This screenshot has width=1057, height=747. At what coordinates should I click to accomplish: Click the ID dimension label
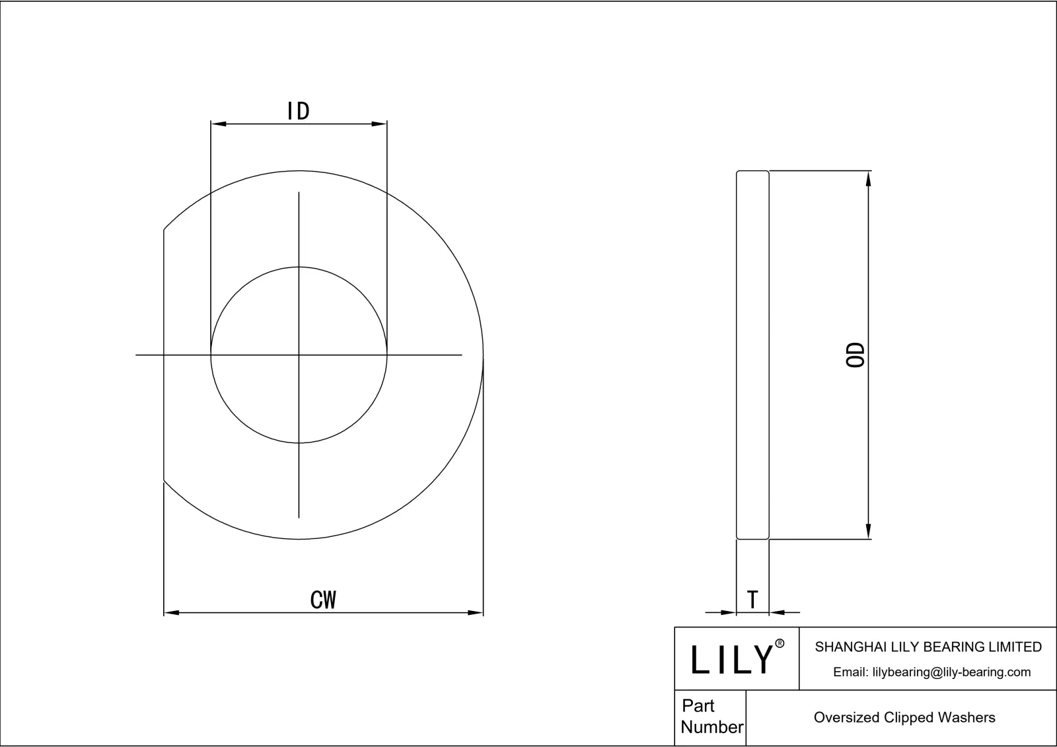[299, 111]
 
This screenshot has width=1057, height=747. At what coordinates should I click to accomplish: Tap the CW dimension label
[324, 600]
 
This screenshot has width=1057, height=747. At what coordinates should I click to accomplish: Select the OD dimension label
[856, 355]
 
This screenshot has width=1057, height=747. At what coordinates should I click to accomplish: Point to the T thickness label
[752, 600]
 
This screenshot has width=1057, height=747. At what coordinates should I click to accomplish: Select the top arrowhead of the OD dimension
[869, 178]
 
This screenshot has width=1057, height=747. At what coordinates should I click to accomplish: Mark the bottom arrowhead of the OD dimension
[869, 531]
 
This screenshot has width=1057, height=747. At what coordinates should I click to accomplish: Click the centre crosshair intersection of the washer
[299, 355]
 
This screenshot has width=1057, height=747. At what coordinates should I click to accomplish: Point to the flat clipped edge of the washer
[164, 355]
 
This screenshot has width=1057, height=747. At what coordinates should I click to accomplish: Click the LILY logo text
[732, 659]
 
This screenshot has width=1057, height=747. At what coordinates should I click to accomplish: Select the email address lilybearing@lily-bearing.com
[931, 672]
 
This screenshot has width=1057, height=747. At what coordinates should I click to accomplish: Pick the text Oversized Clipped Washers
[904, 718]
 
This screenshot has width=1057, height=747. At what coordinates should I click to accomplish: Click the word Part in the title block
[698, 706]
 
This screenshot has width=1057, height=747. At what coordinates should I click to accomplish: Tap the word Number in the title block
[711, 727]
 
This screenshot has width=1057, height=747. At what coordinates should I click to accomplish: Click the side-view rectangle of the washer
[752, 355]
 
